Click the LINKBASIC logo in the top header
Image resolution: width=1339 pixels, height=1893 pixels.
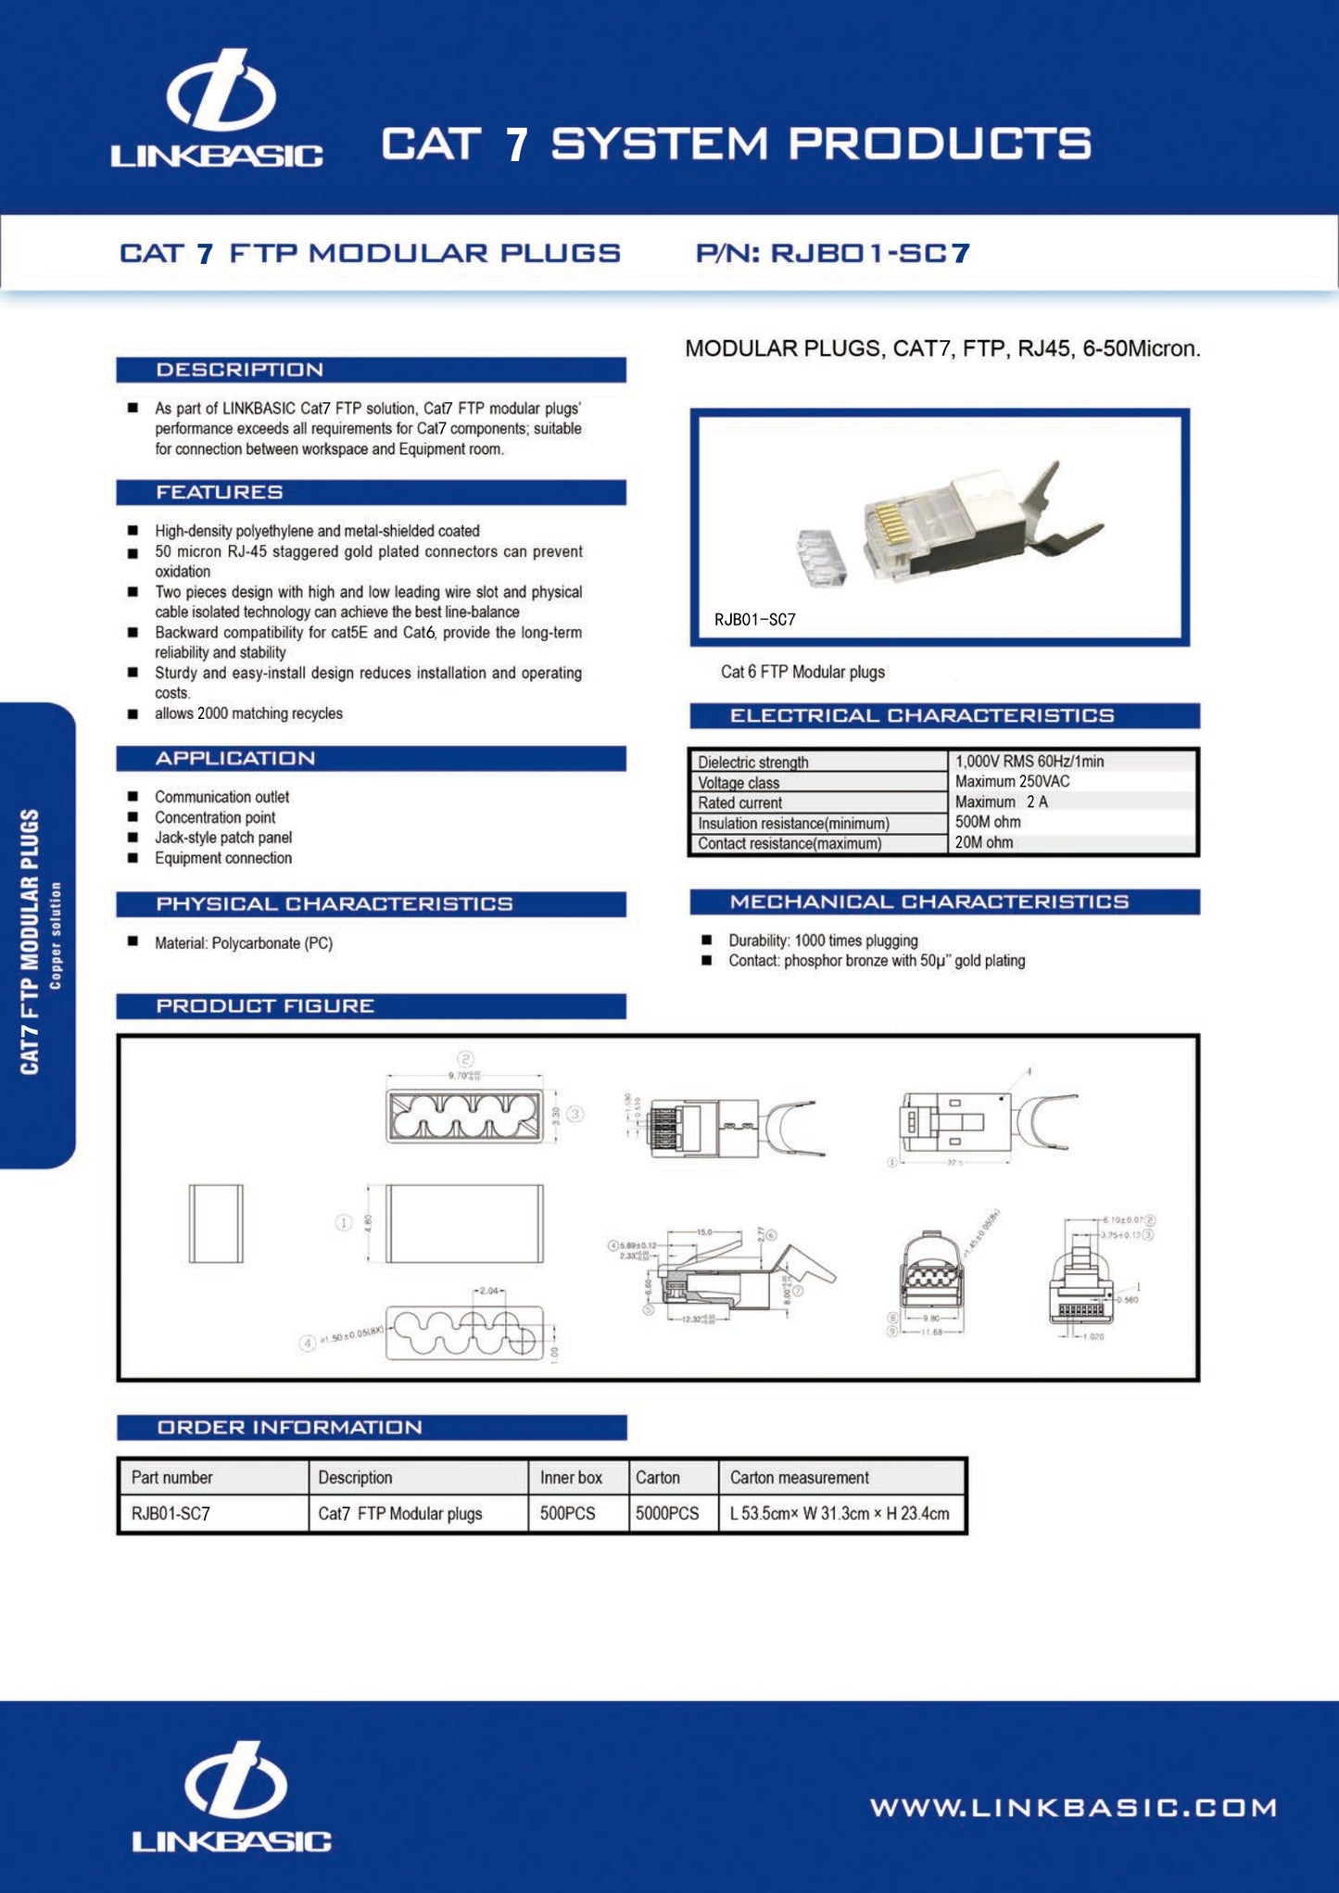218,111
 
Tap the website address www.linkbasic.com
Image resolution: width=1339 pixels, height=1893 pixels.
1073,1807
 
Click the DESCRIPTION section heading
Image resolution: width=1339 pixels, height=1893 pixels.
239,370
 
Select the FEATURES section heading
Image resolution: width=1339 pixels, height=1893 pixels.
219,492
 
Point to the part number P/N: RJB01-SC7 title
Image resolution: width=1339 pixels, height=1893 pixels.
832,253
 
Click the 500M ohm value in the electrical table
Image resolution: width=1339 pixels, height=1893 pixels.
988,822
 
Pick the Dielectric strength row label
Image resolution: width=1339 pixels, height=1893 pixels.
752,762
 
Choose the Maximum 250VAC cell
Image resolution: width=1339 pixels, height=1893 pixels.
1012,781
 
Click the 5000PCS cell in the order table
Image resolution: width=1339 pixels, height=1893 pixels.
667,1513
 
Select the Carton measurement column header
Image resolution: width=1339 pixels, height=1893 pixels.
799,1477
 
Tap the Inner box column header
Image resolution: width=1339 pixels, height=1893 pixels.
571,1477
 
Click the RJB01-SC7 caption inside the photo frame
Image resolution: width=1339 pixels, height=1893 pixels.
754,620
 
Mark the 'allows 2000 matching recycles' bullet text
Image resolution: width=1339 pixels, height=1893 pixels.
248,713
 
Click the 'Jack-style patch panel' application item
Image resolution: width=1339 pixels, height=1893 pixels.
223,838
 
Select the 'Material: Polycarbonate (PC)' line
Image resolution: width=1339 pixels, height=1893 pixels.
243,943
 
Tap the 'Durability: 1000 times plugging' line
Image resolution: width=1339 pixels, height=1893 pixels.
823,940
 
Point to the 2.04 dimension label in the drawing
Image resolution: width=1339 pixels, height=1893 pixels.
489,1290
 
